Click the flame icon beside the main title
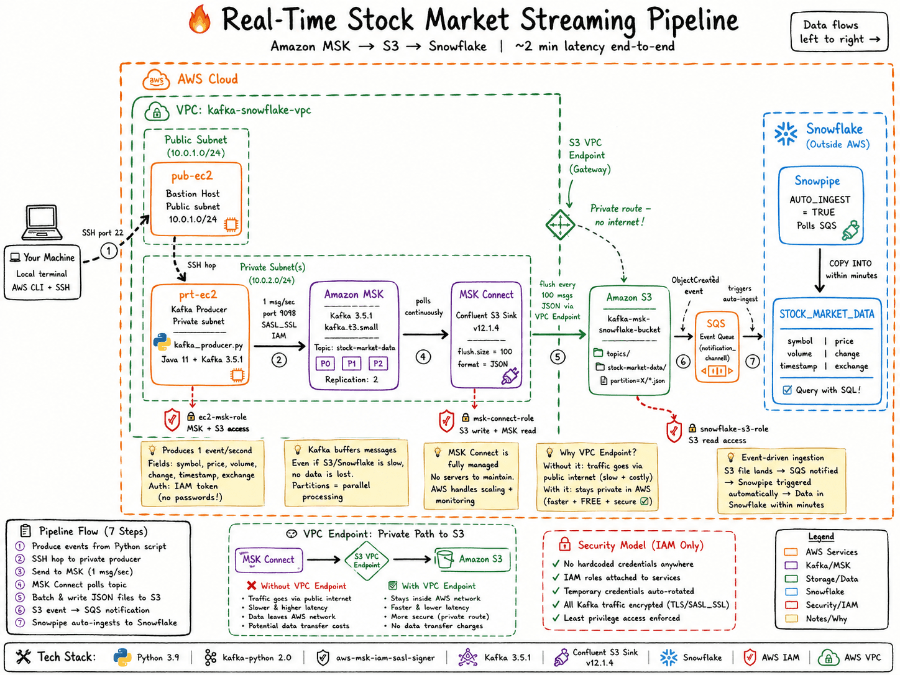click(200, 19)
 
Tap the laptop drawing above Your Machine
click(42, 223)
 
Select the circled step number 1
click(109, 251)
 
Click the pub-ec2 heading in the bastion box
click(192, 177)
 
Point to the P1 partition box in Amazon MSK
click(351, 363)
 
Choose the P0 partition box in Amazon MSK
click(325, 363)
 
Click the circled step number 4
click(423, 357)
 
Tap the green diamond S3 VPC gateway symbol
click(560, 224)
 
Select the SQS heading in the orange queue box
click(716, 324)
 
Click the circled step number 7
click(753, 361)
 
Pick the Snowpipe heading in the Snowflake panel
click(817, 181)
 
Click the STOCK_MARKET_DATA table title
click(827, 315)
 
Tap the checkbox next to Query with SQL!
click(787, 390)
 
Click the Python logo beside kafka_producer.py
click(162, 342)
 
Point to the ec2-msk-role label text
click(223, 417)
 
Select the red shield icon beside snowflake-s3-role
click(674, 432)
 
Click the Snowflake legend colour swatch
click(791, 591)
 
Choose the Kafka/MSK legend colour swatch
click(791, 565)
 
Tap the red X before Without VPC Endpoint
click(251, 585)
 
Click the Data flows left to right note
click(839, 32)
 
